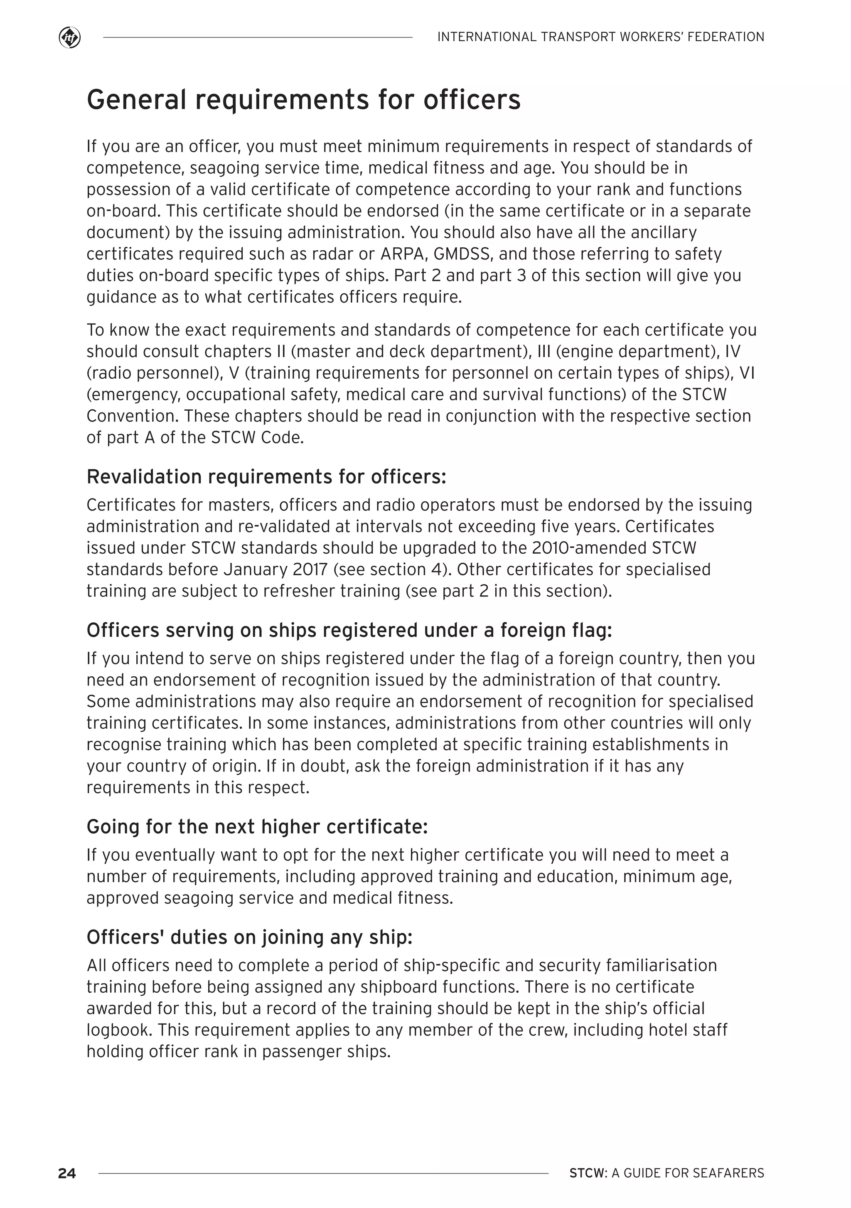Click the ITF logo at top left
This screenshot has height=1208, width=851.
click(70, 38)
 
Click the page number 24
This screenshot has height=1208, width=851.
click(67, 1173)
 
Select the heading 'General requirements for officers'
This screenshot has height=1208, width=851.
click(303, 100)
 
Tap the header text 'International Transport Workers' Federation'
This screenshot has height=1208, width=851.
click(600, 37)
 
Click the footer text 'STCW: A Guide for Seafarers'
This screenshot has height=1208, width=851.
click(667, 1173)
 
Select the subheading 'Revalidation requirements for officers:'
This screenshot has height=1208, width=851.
click(266, 477)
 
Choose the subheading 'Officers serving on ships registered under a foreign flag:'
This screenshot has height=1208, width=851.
click(349, 630)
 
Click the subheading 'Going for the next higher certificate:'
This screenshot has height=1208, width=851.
click(257, 826)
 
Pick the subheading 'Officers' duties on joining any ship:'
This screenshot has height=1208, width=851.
click(249, 937)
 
